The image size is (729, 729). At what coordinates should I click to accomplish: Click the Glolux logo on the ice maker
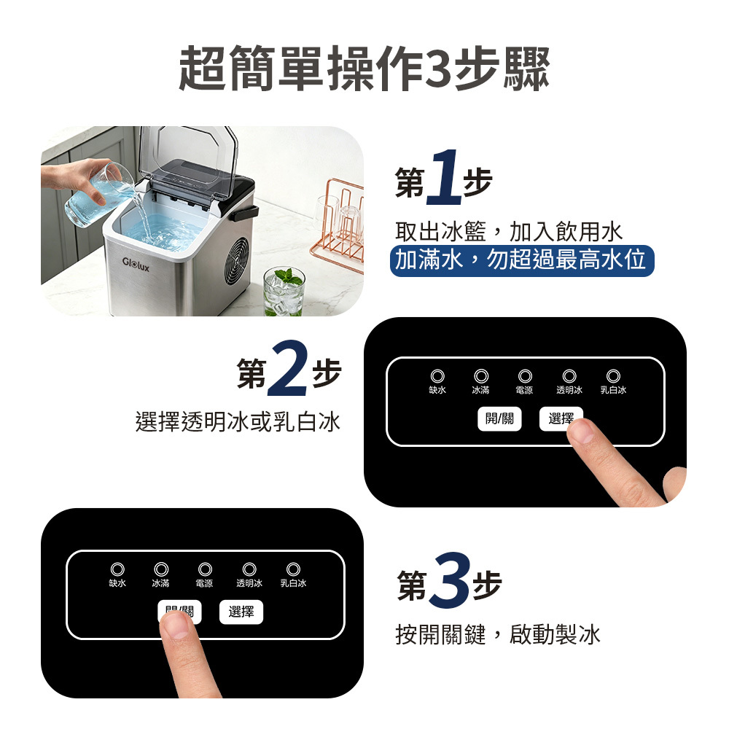tap(136, 265)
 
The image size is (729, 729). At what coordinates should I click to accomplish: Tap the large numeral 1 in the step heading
tap(443, 178)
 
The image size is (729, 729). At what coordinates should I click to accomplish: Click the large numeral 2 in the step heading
tap(286, 369)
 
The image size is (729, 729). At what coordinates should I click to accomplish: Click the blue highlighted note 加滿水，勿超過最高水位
tap(522, 260)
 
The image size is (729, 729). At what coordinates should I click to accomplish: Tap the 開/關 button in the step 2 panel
tap(500, 419)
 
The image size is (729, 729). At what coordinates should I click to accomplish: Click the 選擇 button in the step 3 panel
tap(241, 612)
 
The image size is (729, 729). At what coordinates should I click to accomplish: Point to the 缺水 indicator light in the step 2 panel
tap(437, 375)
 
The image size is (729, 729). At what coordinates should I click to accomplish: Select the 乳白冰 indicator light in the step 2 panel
tap(613, 375)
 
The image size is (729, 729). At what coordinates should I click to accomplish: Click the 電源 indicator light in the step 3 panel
tap(205, 569)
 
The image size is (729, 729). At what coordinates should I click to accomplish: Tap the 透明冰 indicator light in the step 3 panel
tap(249, 569)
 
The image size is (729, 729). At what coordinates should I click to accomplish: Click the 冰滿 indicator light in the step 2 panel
tap(481, 375)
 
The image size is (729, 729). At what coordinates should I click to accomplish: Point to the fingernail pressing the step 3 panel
tap(175, 625)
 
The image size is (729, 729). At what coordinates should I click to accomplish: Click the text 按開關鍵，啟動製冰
tap(498, 634)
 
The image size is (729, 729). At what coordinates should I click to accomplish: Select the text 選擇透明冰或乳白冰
tap(238, 421)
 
